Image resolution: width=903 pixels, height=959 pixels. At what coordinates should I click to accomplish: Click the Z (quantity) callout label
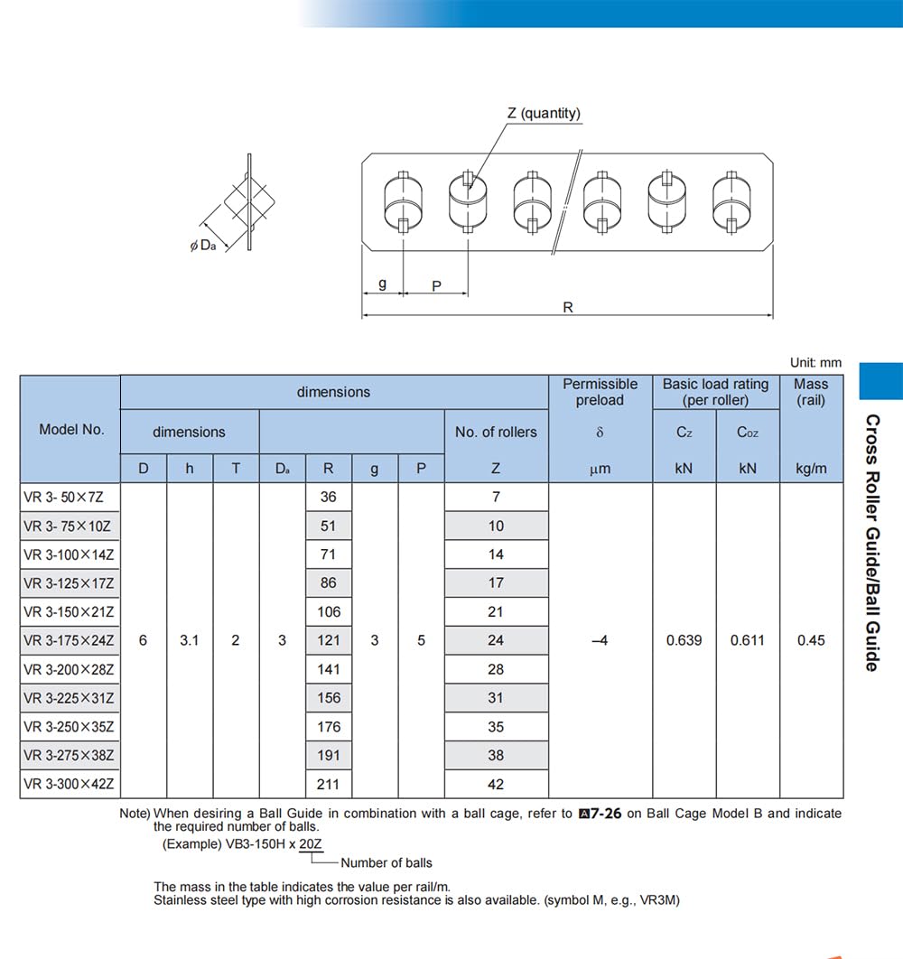[544, 113]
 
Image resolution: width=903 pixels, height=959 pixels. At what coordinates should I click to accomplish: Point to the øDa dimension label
[202, 245]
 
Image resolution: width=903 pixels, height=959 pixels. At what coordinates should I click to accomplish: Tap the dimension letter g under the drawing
[382, 284]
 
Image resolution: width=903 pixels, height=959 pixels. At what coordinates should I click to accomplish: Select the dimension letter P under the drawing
[436, 285]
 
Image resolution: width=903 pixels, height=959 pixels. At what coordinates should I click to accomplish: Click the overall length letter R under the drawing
[568, 307]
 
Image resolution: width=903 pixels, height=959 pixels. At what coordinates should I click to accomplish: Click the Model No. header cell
[71, 430]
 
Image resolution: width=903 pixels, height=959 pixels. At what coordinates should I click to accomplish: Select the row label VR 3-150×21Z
[70, 611]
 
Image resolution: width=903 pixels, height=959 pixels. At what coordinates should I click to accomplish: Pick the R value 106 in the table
[329, 611]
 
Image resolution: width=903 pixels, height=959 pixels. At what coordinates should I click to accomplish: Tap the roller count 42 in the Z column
[496, 784]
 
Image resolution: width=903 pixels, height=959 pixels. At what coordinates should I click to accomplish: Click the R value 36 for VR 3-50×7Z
[329, 497]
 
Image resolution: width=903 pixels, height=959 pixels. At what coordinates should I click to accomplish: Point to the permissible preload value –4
[600, 640]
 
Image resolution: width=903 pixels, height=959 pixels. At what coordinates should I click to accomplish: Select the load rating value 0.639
[684, 640]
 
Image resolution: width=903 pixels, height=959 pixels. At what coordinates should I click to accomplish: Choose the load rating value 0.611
[748, 640]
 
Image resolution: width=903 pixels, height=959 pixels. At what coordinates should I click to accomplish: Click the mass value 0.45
[811, 640]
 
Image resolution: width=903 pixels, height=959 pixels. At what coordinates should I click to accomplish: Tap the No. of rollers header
[496, 432]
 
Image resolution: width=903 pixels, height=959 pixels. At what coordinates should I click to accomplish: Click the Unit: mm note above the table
[815, 362]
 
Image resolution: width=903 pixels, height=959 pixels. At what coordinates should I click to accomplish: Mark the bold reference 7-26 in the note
[600, 813]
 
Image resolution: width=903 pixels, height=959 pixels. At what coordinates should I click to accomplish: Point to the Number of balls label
[386, 862]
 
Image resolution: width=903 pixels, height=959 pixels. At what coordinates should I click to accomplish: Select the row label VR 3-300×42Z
[70, 784]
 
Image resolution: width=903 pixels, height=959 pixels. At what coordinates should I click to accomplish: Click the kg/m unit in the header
[811, 469]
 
